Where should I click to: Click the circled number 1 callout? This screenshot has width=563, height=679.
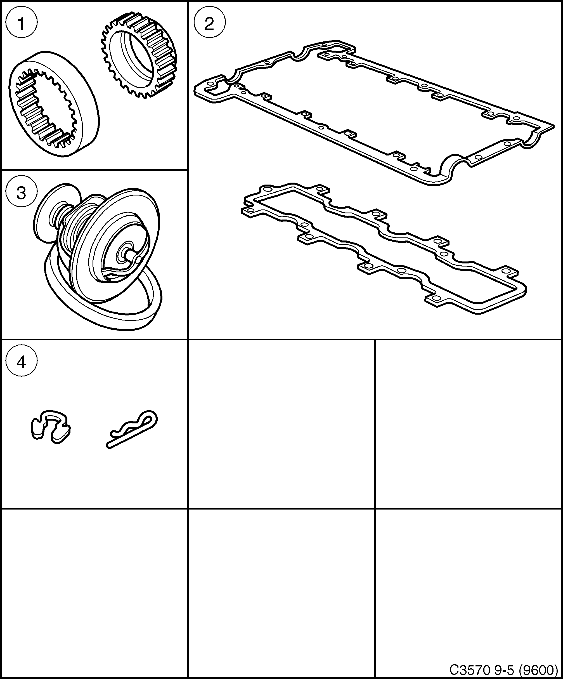pos(22,23)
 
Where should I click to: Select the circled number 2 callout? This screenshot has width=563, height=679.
pos(209,23)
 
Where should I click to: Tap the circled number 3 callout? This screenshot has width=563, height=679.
pos(21,193)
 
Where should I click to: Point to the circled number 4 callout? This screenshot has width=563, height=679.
pos(21,362)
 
